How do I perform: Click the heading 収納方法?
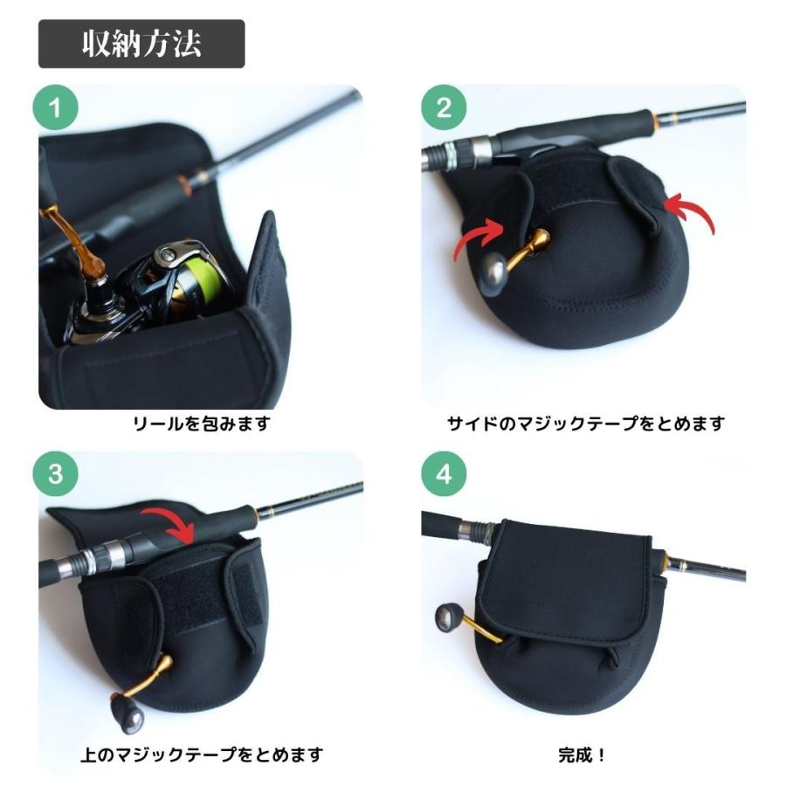pyautogui.click(x=141, y=44)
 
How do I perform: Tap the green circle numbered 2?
pyautogui.click(x=444, y=108)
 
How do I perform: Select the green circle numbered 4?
pyautogui.click(x=444, y=474)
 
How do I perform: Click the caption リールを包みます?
pyautogui.click(x=202, y=424)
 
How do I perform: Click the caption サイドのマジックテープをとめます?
pyautogui.click(x=586, y=424)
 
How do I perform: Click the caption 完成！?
pyautogui.click(x=583, y=754)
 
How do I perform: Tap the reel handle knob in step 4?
pyautogui.click(x=452, y=617)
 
